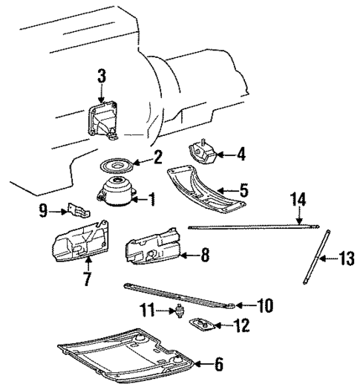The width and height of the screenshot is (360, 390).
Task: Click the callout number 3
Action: tap(102, 75)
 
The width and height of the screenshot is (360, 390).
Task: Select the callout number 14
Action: tap(298, 198)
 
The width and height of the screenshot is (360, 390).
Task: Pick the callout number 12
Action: tap(242, 325)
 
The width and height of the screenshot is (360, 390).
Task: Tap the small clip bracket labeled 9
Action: tap(76, 212)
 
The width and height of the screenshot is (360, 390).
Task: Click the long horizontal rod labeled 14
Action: tap(252, 227)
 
